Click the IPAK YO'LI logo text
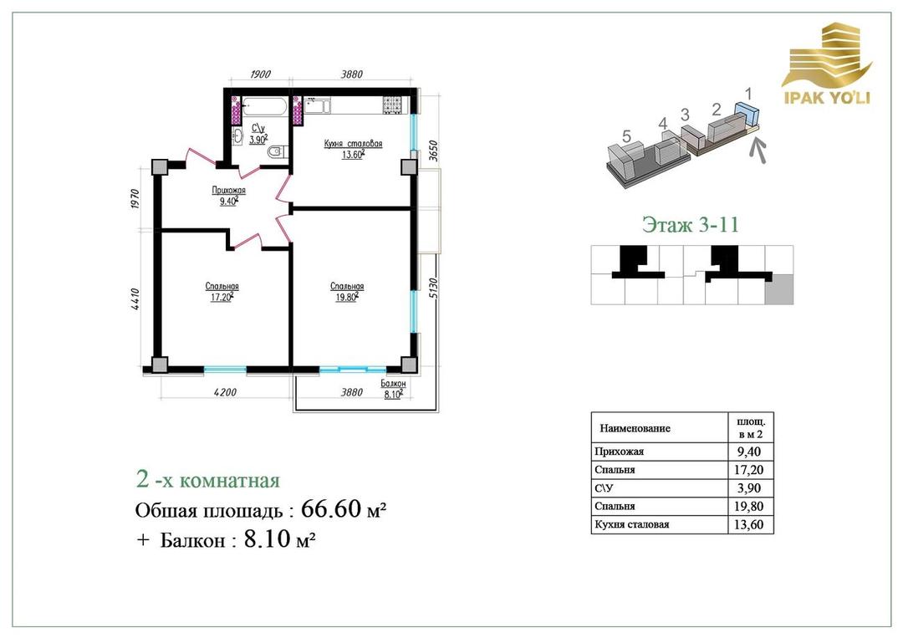826,97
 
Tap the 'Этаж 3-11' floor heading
690,224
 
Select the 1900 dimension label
260,74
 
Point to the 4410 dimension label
135,299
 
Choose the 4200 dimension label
225,393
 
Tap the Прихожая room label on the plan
228,191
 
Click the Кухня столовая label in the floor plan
353,144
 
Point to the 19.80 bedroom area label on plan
347,297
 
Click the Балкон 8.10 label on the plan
393,390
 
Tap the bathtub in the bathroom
264,106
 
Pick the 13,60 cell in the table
748,524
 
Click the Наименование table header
635,428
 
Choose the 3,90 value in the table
748,488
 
